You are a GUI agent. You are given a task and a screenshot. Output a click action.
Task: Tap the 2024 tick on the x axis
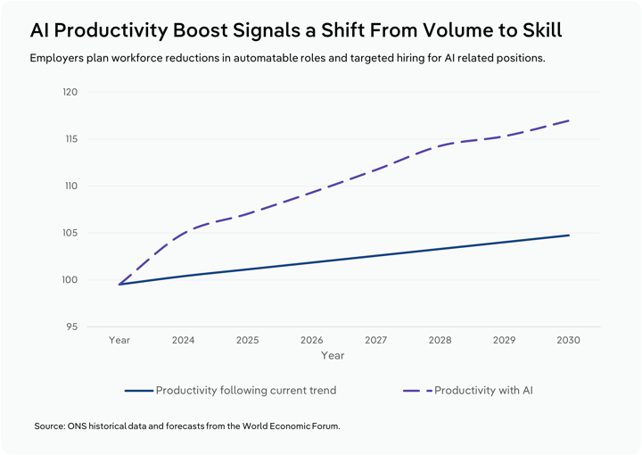point(183,341)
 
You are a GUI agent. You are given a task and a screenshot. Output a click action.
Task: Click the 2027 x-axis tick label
point(375,341)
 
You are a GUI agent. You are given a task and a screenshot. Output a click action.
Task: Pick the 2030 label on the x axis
point(568,341)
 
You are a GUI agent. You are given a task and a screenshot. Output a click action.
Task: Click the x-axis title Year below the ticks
point(333,356)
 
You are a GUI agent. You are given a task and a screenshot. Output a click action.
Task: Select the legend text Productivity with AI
point(483,391)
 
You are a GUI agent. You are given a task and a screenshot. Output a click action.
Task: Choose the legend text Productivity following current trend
point(245,391)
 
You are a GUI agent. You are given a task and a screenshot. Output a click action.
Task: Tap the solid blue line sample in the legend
point(139,391)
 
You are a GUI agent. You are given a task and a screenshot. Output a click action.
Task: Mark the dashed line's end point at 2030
point(569,120)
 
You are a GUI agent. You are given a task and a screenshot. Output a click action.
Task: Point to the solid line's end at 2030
point(569,236)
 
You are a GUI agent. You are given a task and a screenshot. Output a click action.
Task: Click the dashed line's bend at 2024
point(184,232)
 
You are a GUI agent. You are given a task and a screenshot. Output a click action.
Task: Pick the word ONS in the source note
point(78,426)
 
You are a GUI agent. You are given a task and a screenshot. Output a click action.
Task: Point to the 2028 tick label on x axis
point(440,341)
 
